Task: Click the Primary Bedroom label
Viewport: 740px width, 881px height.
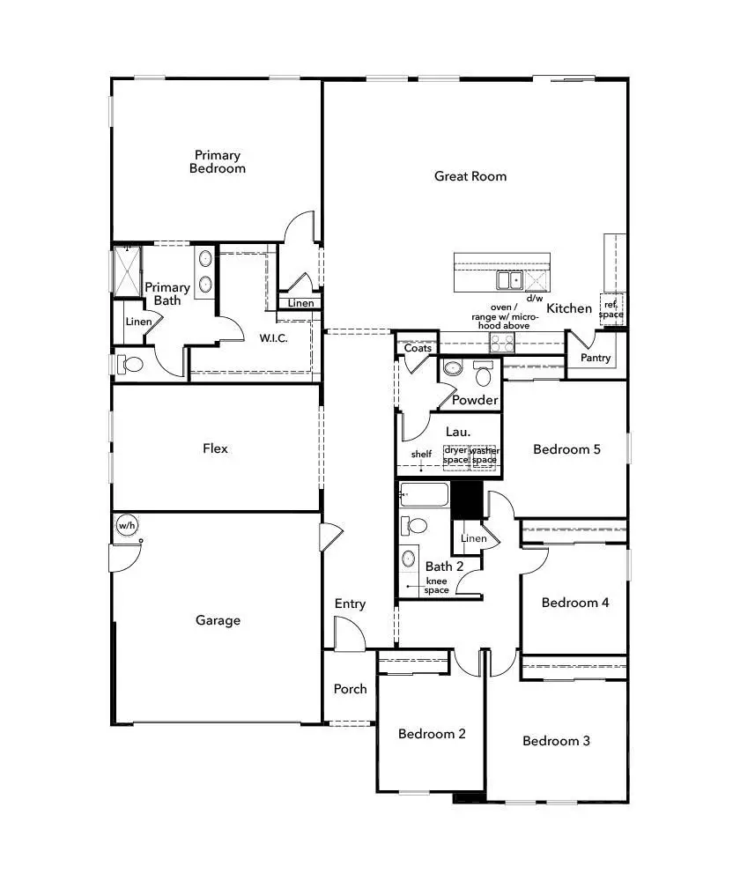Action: coord(218,161)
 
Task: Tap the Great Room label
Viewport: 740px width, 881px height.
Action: coord(470,176)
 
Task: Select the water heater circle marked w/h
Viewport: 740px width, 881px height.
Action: coord(127,526)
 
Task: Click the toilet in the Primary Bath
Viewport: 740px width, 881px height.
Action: coord(129,363)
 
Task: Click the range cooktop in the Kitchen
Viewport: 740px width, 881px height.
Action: coord(501,343)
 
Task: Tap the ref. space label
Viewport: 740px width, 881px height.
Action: coord(610,307)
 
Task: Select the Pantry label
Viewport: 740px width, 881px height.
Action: coord(596,359)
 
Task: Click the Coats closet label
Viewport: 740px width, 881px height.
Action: coord(418,349)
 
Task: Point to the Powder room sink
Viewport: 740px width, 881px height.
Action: coord(451,368)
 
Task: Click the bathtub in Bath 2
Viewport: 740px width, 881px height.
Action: coord(425,495)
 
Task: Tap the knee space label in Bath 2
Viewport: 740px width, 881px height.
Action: coord(437,586)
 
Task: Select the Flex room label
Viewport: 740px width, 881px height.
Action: coord(215,448)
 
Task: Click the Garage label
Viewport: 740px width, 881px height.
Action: coord(218,620)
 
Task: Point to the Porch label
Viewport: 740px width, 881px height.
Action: coord(350,689)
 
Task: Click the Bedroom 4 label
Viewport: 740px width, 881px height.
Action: coord(575,603)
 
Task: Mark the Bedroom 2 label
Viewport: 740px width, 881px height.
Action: coord(432,734)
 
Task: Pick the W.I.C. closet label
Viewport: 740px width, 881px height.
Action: coord(275,337)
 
